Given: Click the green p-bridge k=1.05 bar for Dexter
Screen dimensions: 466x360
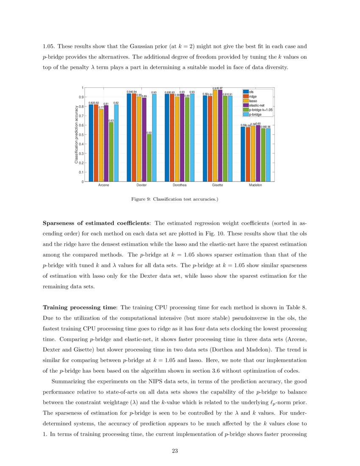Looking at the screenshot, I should click(149, 158).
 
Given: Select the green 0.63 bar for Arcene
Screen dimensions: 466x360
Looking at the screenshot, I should click(111, 152).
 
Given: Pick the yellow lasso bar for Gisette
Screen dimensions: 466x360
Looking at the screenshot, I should click(215, 136).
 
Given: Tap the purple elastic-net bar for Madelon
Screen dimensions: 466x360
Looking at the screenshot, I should click(258, 153).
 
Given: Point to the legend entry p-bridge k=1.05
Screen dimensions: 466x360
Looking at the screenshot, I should click(260, 110).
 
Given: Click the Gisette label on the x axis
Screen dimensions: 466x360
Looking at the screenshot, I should click(218, 186).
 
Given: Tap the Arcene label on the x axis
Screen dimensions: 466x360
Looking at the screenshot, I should click(104, 186).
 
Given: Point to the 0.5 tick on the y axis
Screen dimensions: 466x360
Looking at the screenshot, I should click(82, 135).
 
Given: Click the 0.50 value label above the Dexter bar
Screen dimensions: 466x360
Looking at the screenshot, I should click(149, 133).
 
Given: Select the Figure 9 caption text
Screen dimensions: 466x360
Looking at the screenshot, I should click(174, 199).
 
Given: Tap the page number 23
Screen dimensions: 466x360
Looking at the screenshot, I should click(174, 451).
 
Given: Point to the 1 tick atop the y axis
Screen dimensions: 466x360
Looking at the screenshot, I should click(83, 88).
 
